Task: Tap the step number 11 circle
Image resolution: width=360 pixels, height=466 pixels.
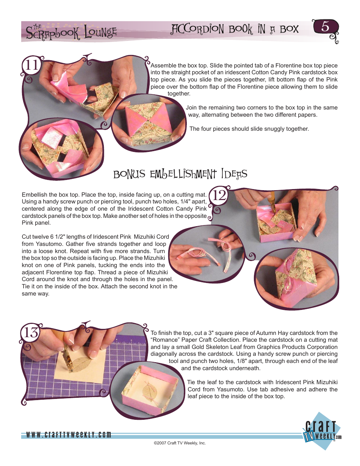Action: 31,65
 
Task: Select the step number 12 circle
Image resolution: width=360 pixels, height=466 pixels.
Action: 218,196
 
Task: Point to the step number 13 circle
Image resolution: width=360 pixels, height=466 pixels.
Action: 31,333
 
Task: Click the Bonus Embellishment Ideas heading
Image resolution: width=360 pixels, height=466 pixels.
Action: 180,174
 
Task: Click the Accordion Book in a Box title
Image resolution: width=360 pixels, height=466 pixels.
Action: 235,29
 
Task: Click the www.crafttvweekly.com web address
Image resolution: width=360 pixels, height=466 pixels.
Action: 69,435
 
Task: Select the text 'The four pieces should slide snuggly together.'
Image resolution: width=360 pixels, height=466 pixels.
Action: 249,129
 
